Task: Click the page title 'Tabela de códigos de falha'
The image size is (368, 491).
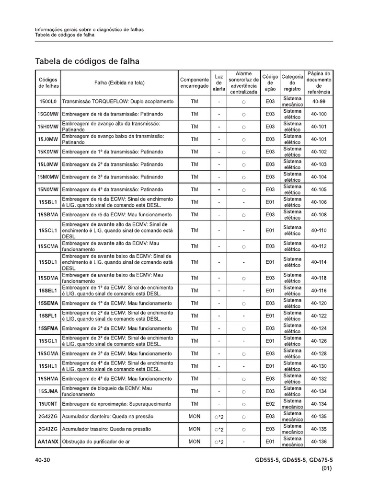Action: pyautogui.click(x=87, y=61)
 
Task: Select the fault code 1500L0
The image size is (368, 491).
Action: pyautogui.click(x=48, y=102)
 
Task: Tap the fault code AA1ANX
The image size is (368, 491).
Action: pyautogui.click(x=48, y=441)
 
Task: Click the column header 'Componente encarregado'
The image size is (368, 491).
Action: pyautogui.click(x=195, y=82)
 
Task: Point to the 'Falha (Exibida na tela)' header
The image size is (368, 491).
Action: pyautogui.click(x=119, y=82)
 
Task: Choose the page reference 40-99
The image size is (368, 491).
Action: pyautogui.click(x=319, y=102)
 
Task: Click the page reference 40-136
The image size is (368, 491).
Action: pyautogui.click(x=319, y=441)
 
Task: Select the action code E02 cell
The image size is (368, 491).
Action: pyautogui.click(x=270, y=404)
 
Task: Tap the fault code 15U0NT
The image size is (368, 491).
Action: pyautogui.click(x=48, y=404)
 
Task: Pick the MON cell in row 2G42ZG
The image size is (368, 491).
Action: pyautogui.click(x=195, y=416)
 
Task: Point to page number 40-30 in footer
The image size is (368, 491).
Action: pyautogui.click(x=43, y=461)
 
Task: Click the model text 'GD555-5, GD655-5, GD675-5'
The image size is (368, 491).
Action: pyautogui.click(x=294, y=461)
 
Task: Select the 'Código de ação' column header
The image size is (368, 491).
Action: pyautogui.click(x=270, y=82)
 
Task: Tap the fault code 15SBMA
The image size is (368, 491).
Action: pyautogui.click(x=48, y=214)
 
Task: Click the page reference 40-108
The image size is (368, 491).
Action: pyautogui.click(x=319, y=214)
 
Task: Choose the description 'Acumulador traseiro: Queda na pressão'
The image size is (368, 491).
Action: pyautogui.click(x=106, y=429)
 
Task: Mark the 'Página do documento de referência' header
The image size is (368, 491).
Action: pyautogui.click(x=319, y=82)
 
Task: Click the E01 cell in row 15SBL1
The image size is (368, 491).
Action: pyautogui.click(x=270, y=202)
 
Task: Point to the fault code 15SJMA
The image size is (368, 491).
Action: pyautogui.click(x=48, y=391)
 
